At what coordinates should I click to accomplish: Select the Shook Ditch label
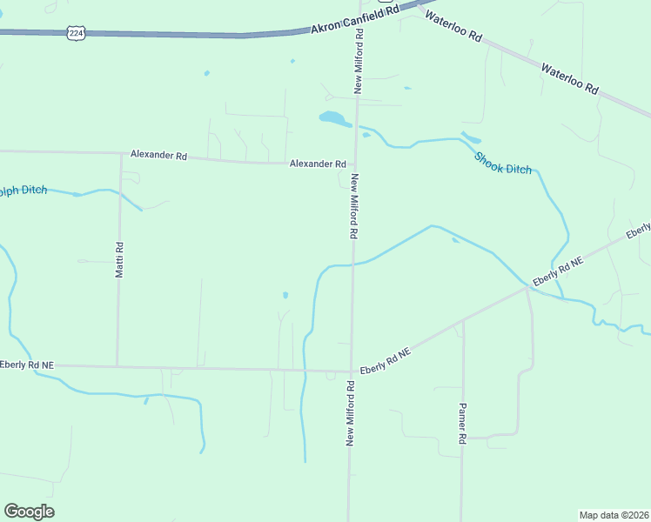(503, 163)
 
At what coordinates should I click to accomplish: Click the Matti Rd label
(120, 259)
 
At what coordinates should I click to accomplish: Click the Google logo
(29, 512)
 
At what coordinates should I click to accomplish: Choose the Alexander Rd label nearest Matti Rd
(158, 155)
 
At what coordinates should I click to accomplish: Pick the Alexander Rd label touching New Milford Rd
(318, 164)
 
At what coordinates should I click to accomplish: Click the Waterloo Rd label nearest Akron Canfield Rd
(452, 28)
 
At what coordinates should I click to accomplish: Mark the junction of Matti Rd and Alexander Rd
(120, 153)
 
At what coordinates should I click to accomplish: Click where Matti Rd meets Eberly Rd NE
(117, 366)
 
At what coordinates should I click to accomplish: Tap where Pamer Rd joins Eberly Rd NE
(463, 320)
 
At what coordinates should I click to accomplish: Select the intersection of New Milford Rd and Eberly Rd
(352, 371)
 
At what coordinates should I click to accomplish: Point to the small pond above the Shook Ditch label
(471, 137)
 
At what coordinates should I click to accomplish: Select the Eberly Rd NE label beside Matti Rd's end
(27, 365)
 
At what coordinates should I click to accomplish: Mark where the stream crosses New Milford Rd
(353, 264)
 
